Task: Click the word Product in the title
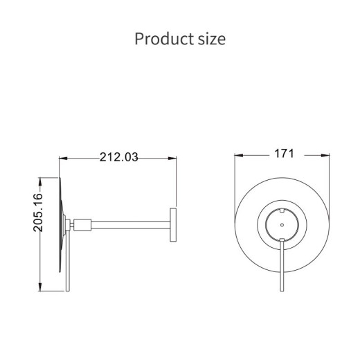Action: (164, 39)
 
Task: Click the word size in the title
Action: (212, 39)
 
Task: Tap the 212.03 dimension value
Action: (119, 157)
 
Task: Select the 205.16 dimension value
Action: (38, 213)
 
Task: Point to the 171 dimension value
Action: (284, 154)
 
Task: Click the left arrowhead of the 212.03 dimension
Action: (63, 159)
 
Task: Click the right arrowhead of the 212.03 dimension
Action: (172, 159)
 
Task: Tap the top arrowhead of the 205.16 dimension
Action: (40, 181)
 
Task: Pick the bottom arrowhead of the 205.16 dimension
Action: (40, 287)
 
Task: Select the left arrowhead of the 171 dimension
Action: (239, 156)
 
